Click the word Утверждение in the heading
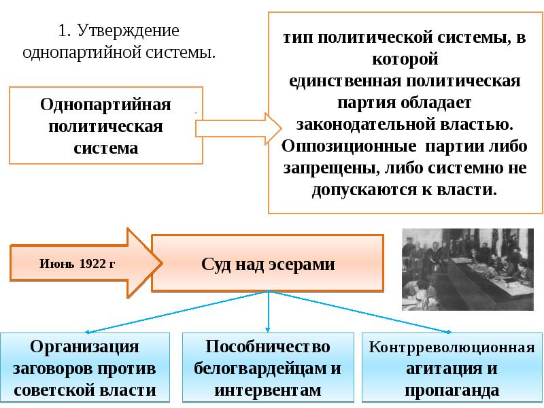pos(128,31)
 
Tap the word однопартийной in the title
pos(82,52)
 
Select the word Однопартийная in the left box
pos(105,105)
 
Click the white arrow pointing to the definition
pos(239,129)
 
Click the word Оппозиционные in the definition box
pos(349,147)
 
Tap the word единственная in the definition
pos(345,81)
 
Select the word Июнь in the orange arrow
pos(57,264)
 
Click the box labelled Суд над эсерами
pos(267,262)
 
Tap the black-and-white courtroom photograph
pos(468,269)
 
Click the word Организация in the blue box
pos(84,347)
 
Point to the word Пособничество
pos(268,347)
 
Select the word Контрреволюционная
pos(452,347)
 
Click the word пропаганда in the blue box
pos(452,390)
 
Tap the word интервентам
pos(268,390)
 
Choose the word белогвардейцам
pos(258,369)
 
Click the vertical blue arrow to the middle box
pos(267,312)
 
